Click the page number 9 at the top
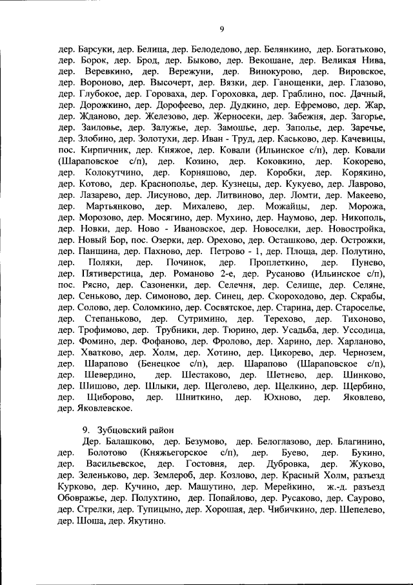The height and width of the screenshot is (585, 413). tap(221, 28)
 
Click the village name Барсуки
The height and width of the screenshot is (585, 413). tap(94, 48)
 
